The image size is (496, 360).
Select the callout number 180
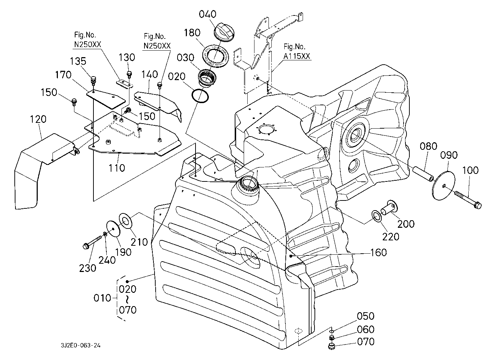pos(192,33)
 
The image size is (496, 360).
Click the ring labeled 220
pos(376,216)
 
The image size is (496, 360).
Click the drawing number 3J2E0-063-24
pos(81,346)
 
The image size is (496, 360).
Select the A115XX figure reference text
pos(297,56)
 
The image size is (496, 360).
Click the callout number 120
pos(38,119)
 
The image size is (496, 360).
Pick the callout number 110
pos(117,167)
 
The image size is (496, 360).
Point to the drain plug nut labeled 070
pos(331,346)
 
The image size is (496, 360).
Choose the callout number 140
pos(150,74)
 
